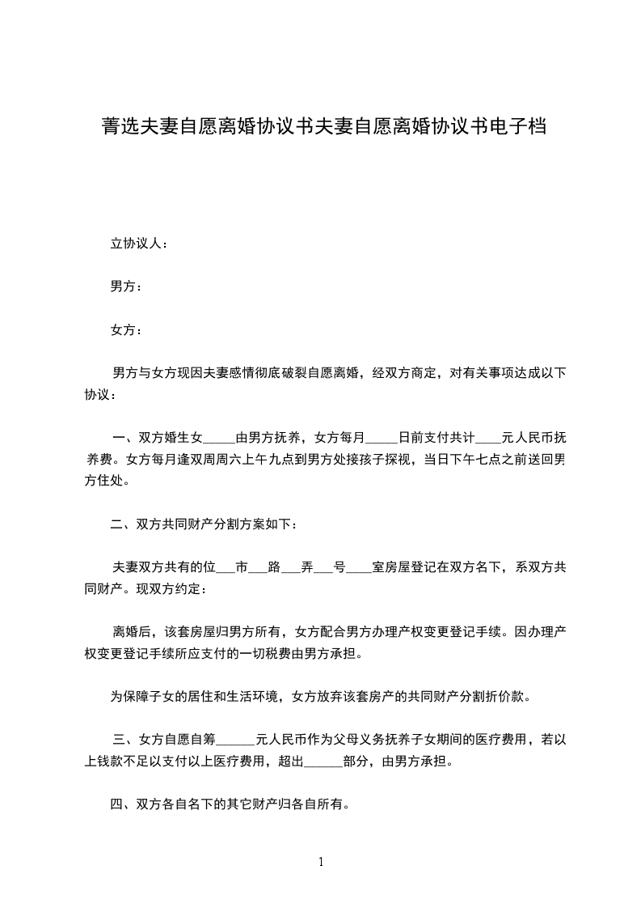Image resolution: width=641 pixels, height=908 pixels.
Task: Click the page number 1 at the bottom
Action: [x=321, y=861]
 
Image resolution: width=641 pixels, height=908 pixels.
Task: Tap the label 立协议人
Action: [x=138, y=243]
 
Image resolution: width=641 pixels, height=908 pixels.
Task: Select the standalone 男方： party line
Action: [x=125, y=286]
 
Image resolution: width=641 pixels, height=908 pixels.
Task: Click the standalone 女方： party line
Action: [x=125, y=330]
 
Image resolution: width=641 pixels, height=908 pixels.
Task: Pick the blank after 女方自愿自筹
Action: [x=236, y=739]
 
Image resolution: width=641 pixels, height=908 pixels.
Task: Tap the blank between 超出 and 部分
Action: [x=323, y=762]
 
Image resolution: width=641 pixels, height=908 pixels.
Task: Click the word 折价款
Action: [x=509, y=696]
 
